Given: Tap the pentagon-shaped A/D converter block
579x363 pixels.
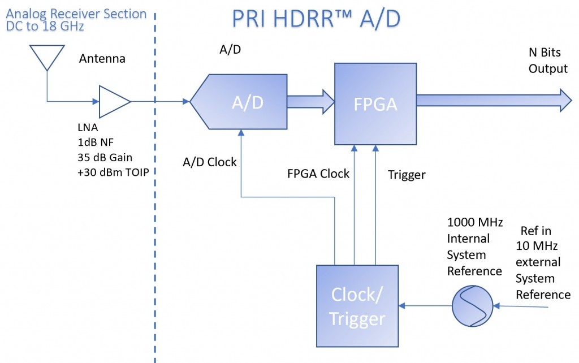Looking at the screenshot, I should tap(238, 102).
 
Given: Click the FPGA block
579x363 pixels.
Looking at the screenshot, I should tap(375, 103).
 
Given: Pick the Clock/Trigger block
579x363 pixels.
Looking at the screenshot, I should tap(357, 306).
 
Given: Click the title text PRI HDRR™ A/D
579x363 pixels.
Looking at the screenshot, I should tap(316, 19).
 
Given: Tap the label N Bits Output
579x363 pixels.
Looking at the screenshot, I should tap(547, 60).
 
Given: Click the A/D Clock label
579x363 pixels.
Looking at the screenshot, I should tap(210, 162).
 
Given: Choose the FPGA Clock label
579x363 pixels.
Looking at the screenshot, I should tap(319, 174).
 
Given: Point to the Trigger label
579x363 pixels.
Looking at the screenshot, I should tap(407, 175).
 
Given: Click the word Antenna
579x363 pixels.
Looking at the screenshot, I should tap(102, 58).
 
